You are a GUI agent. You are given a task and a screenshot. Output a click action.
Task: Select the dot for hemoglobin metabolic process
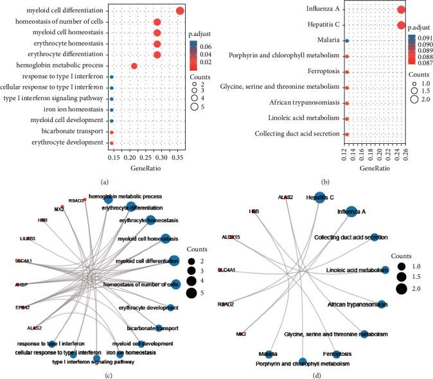[134, 66]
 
